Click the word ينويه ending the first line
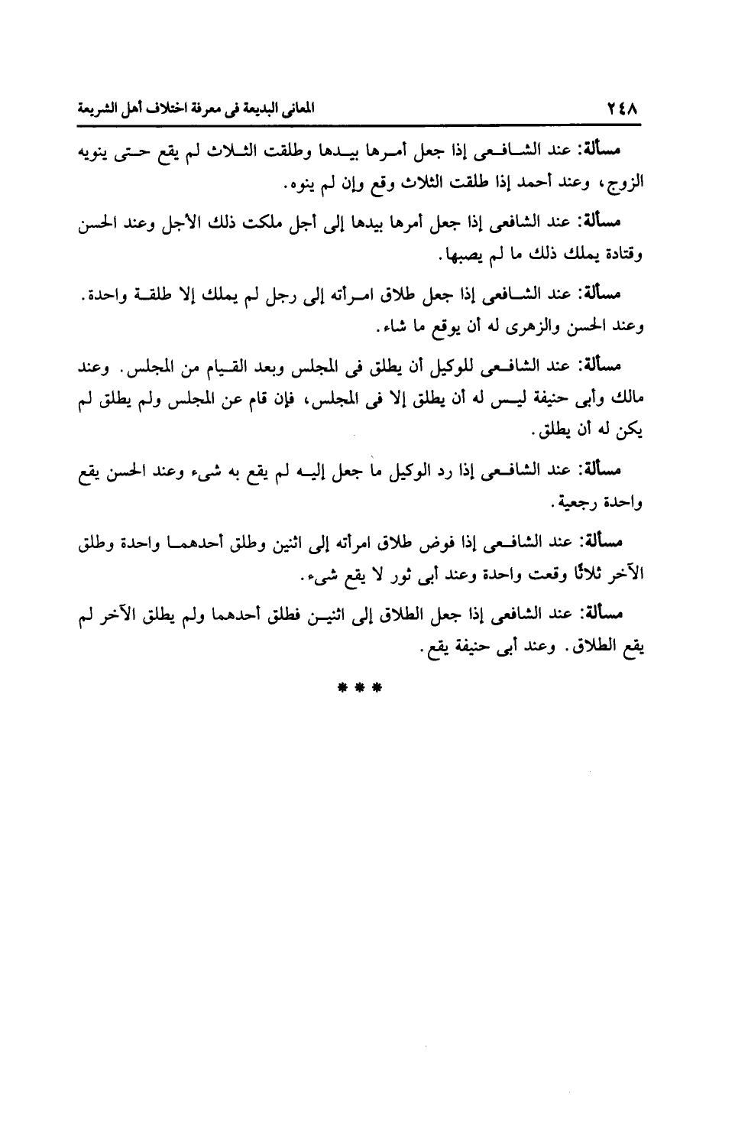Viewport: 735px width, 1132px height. [x=98, y=151]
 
